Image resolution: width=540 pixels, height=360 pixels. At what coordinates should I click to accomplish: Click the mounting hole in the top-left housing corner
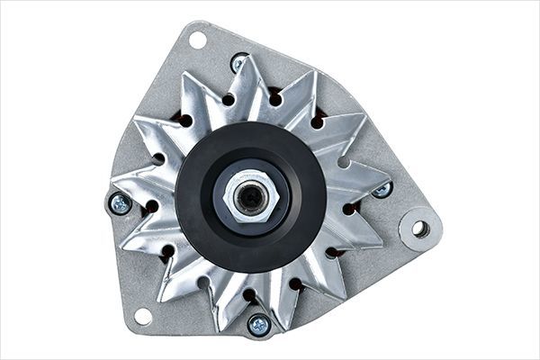[197, 40]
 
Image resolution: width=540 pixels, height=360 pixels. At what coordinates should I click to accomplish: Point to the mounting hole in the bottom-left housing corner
[141, 316]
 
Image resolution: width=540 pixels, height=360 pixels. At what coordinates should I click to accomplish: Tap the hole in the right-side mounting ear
[420, 228]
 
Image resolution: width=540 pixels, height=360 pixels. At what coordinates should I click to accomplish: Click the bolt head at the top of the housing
[239, 63]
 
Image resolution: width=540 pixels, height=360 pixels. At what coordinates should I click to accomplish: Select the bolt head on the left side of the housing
[120, 203]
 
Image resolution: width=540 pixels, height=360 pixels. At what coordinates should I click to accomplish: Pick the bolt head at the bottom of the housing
[259, 324]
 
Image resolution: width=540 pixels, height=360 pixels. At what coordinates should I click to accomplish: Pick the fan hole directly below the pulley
[247, 293]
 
